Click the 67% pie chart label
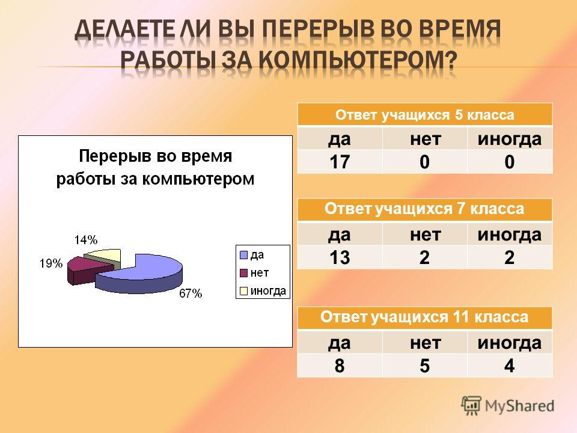click(191, 293)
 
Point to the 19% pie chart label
click(51, 263)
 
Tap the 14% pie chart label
click(86, 240)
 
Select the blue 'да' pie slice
click(144, 274)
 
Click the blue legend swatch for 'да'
click(243, 255)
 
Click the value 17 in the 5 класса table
click(339, 162)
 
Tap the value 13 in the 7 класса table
click(339, 257)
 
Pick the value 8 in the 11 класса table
click(339, 366)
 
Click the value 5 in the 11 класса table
click(425, 366)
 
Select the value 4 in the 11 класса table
click(509, 366)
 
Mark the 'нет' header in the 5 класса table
click(425, 139)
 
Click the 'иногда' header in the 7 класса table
click(510, 235)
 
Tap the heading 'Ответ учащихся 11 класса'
click(424, 317)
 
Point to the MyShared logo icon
click(471, 406)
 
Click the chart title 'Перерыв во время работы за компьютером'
click(155, 168)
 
